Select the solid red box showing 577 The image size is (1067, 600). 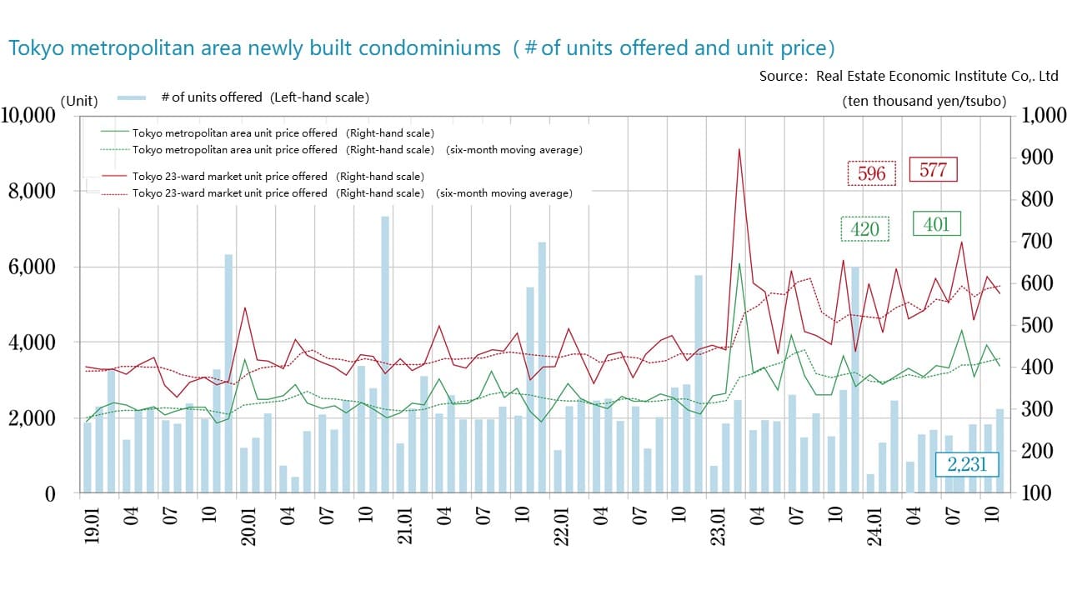[x=933, y=170]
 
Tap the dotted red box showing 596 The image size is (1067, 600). [x=871, y=173]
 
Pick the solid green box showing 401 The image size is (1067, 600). [x=937, y=224]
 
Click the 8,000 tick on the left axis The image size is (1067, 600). [x=32, y=191]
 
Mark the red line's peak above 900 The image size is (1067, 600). [x=739, y=150]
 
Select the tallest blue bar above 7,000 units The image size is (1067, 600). [x=385, y=218]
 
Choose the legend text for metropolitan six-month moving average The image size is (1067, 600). [x=357, y=150]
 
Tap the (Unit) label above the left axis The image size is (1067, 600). [x=79, y=102]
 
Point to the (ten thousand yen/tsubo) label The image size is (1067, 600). [x=924, y=102]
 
